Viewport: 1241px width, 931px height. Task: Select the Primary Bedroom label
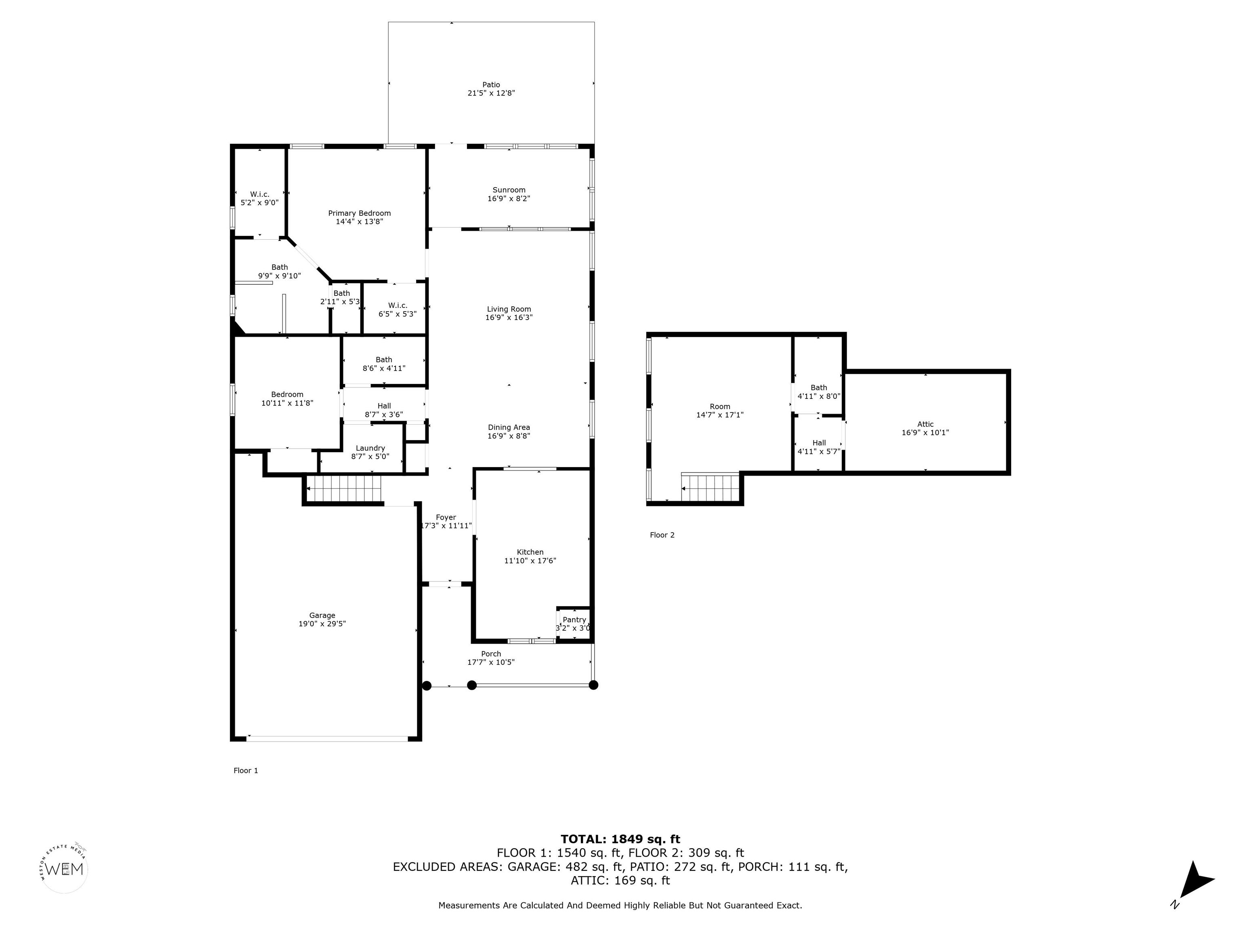pos(359,213)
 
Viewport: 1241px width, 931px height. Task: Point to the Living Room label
pos(509,309)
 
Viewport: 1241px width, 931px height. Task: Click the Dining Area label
pos(509,428)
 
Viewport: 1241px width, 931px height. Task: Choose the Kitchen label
pos(530,552)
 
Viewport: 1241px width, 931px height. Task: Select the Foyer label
pos(446,517)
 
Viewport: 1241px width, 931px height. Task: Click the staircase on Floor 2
pos(710,487)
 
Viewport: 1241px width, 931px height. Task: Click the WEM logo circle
pos(65,869)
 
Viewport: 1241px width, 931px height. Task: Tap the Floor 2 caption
pos(662,535)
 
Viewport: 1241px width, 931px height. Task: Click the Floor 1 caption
pos(246,771)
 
